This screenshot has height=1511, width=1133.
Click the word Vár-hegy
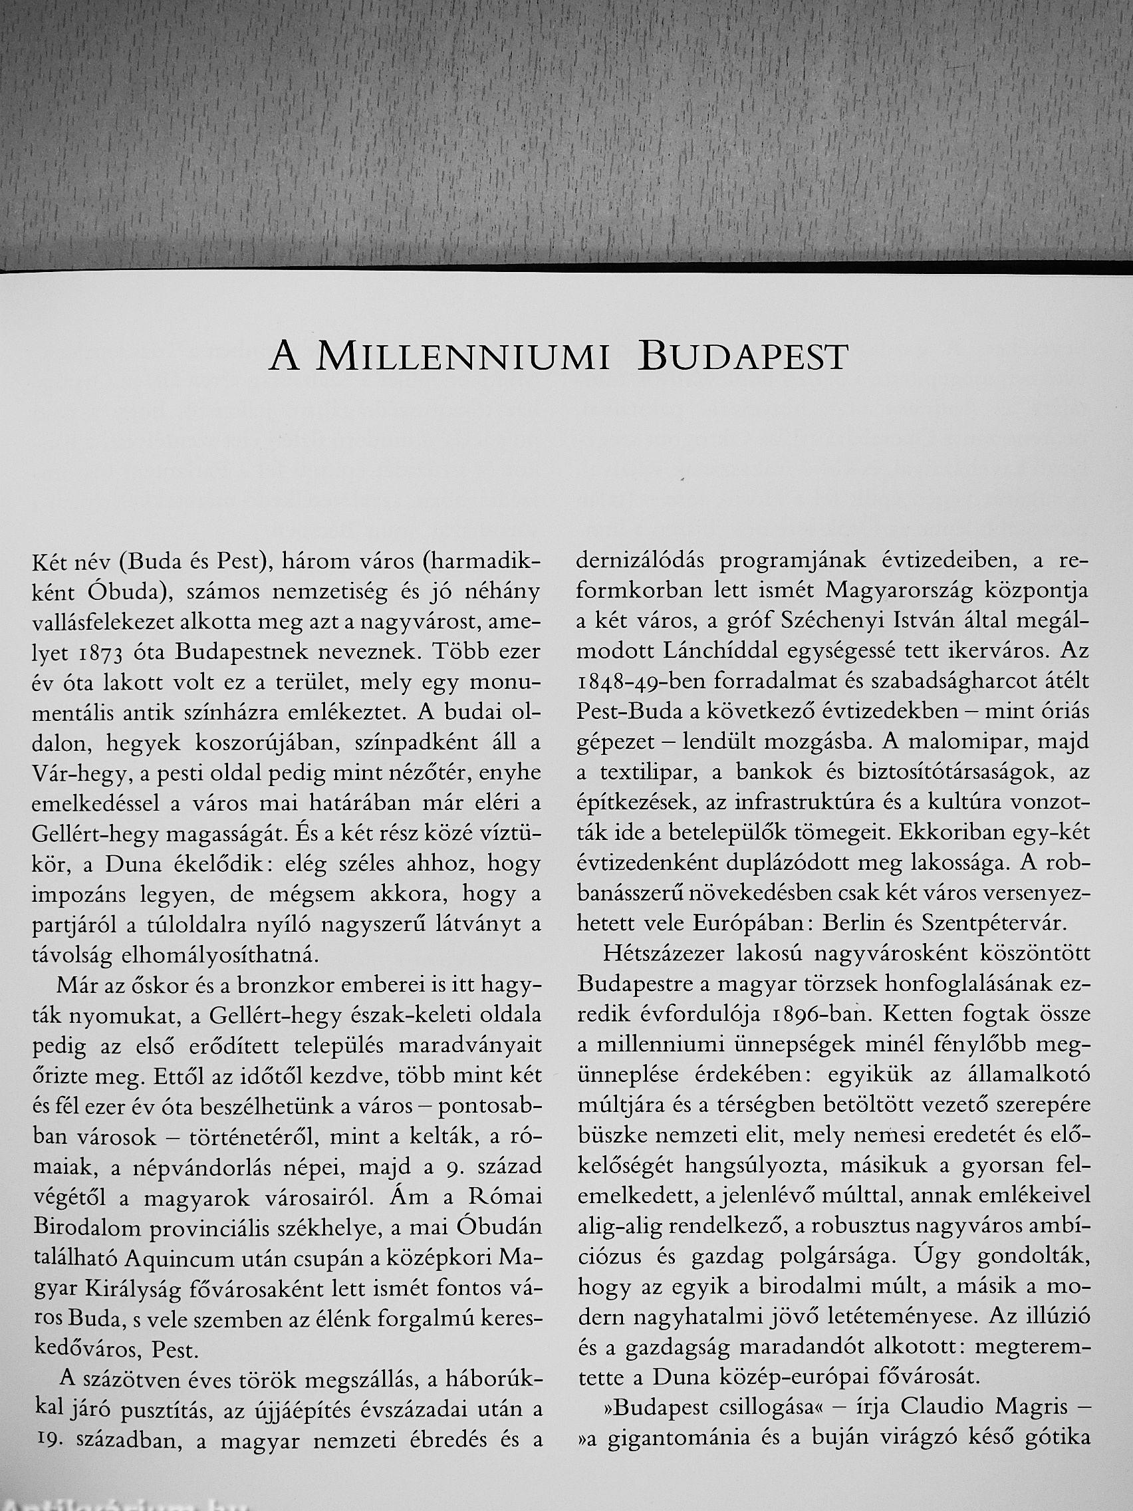point(70,773)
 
